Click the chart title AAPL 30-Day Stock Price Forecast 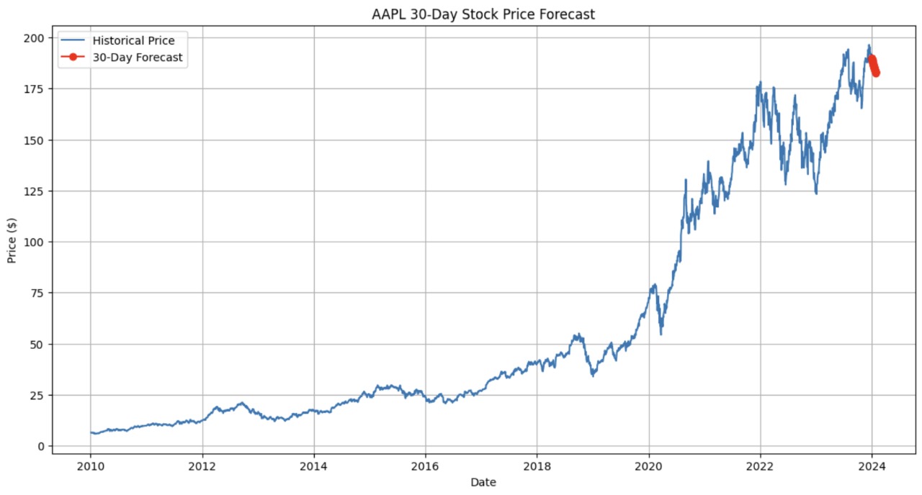pos(483,14)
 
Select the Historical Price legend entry pos(133,41)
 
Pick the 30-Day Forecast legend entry pos(138,58)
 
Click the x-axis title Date pos(483,482)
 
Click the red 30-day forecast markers pos(874,65)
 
